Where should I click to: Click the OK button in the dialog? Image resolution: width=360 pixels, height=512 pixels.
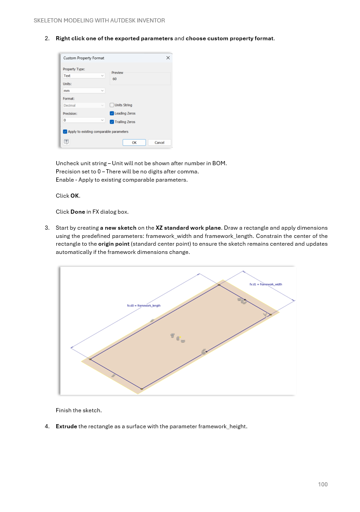pyautogui.click(x=134, y=142)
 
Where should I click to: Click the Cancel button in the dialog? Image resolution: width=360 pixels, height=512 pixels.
pyautogui.click(x=159, y=142)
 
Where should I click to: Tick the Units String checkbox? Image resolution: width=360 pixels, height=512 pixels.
pyautogui.click(x=112, y=105)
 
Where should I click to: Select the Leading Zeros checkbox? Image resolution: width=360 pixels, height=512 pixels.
pyautogui.click(x=112, y=113)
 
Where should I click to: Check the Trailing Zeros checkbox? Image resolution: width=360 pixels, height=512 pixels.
pyautogui.click(x=112, y=122)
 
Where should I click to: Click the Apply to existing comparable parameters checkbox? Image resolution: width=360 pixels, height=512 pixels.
pyautogui.click(x=65, y=131)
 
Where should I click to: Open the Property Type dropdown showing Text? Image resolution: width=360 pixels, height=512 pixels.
pyautogui.click(x=84, y=75)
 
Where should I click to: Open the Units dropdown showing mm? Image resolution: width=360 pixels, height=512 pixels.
pyautogui.click(x=84, y=91)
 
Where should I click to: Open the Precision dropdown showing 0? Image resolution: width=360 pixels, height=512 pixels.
pyautogui.click(x=84, y=120)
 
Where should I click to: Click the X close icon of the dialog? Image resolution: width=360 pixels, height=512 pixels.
pyautogui.click(x=168, y=58)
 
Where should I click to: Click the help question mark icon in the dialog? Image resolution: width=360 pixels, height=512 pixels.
pyautogui.click(x=66, y=142)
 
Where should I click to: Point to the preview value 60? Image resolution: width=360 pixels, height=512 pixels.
pyautogui.click(x=114, y=79)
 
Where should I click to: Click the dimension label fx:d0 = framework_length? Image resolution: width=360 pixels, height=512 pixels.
pyautogui.click(x=144, y=306)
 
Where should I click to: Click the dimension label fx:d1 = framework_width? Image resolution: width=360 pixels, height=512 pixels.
pyautogui.click(x=265, y=284)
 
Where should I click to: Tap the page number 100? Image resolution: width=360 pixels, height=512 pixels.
pyautogui.click(x=322, y=485)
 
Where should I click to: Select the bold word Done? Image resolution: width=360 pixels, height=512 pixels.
pyautogui.click(x=77, y=211)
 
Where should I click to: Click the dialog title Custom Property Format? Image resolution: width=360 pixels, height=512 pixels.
pyautogui.click(x=84, y=58)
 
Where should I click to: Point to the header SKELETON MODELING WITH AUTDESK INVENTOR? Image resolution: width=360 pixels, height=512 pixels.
pyautogui.click(x=99, y=21)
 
